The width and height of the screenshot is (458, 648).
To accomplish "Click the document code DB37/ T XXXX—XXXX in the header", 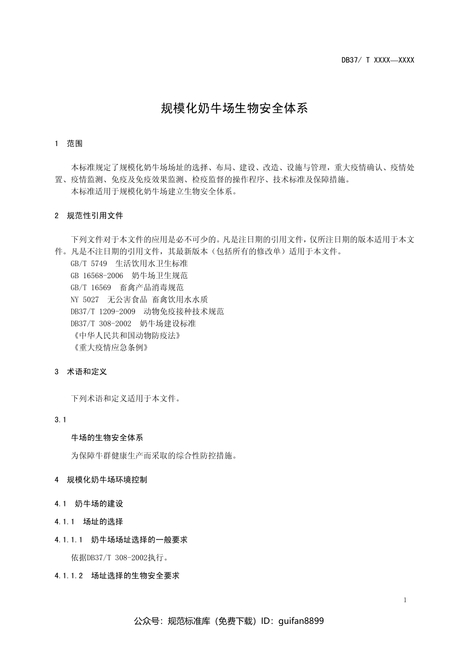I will (377, 60).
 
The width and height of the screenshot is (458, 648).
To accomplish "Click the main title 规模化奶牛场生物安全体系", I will (234, 108).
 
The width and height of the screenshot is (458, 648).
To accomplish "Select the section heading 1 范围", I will (69, 143).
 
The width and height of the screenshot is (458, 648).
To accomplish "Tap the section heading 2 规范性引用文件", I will (89, 216).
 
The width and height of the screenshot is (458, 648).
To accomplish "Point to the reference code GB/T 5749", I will (89, 263).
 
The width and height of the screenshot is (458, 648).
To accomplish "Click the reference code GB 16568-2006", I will (97, 275).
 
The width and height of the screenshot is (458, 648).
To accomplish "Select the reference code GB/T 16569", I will (91, 287).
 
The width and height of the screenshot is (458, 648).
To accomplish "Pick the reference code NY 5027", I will (85, 299).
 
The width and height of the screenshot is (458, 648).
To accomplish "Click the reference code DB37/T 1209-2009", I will (103, 311).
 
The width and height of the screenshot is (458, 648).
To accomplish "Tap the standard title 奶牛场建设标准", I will (168, 324).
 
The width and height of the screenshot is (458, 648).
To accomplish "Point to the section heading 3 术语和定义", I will (81, 372).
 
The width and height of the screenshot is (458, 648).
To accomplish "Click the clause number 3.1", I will (60, 419).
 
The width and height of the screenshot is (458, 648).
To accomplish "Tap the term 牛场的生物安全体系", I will (107, 438).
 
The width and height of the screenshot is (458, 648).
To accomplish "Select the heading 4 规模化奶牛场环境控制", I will (101, 480).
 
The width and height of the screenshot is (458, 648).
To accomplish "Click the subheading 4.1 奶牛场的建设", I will (89, 504).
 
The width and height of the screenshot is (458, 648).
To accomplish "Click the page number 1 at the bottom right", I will (405, 600).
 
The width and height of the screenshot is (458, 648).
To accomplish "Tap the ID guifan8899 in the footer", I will (301, 621).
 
